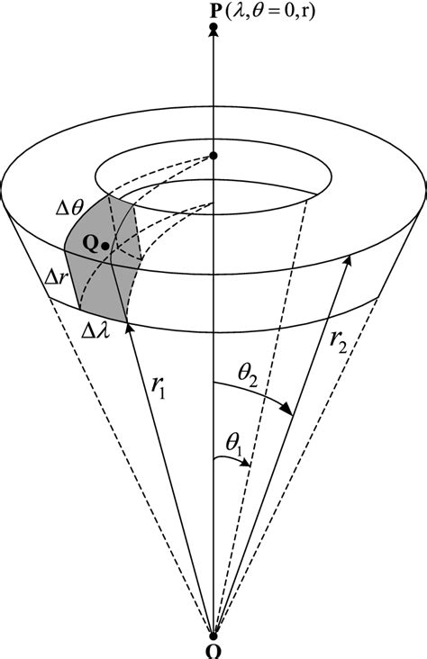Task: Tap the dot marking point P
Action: pos(213,30)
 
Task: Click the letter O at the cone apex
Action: pos(213,652)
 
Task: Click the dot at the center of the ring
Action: pos(213,157)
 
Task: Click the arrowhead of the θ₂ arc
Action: pos(287,411)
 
